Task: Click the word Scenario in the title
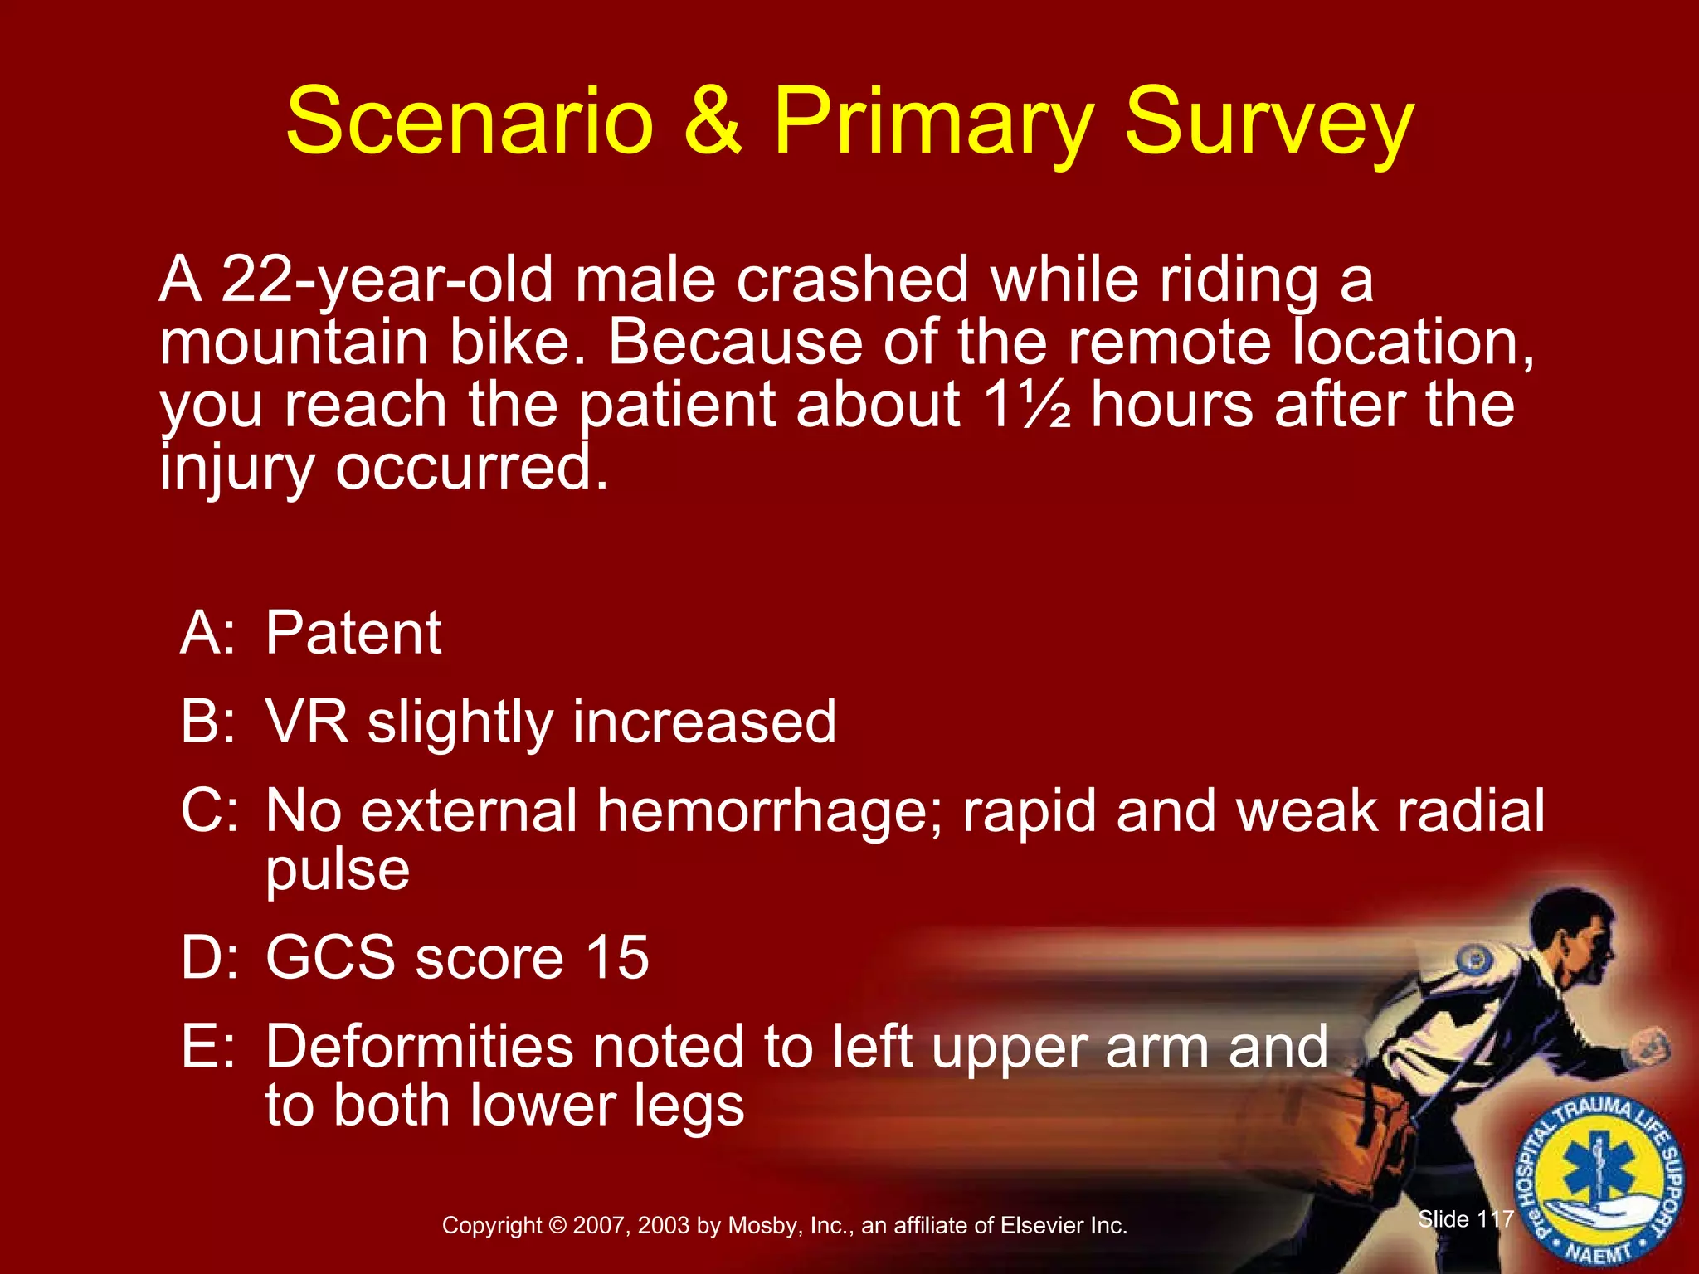coord(470,122)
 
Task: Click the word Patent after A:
coord(353,634)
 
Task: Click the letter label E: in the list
coord(207,1047)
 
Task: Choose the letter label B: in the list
coord(207,721)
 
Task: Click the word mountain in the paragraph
coord(294,343)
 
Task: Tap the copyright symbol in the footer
coord(557,1226)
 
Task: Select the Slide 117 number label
coord(1465,1219)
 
